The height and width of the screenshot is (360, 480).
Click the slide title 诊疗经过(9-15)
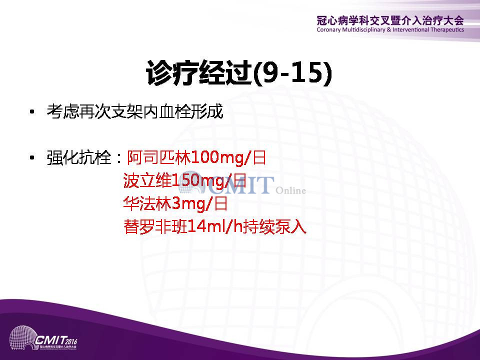point(239,73)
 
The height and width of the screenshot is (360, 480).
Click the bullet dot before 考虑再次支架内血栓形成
point(32,111)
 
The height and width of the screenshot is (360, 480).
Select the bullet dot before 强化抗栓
point(32,157)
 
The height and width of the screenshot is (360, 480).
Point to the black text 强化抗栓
point(78,158)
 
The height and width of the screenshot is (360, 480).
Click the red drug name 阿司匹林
point(158,158)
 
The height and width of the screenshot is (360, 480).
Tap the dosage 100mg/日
point(228,158)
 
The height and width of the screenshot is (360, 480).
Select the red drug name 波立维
point(147,180)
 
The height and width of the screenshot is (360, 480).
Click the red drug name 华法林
point(147,203)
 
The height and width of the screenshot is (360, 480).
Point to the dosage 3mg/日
point(200,204)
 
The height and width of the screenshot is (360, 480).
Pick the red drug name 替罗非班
point(155,226)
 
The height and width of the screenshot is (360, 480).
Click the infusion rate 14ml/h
point(215,226)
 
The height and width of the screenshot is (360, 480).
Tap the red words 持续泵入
point(274,227)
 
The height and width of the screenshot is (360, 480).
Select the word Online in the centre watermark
point(290,190)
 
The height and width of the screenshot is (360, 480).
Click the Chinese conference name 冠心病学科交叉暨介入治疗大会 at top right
point(390,20)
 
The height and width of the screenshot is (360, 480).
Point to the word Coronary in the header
point(329,30)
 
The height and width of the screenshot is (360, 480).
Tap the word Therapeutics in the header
point(447,29)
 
